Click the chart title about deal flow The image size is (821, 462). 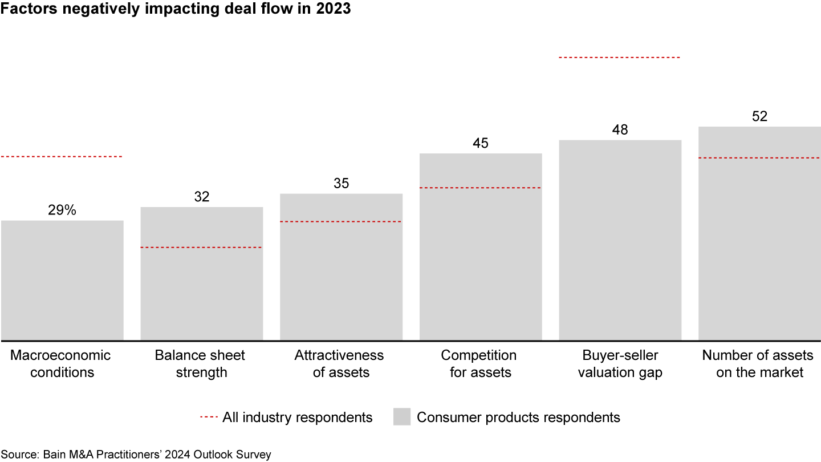(176, 10)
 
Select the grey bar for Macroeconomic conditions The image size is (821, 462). (62, 280)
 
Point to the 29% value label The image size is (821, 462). (62, 210)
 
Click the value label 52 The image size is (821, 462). (759, 116)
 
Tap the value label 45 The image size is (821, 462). (481, 143)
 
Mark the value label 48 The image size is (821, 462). (620, 130)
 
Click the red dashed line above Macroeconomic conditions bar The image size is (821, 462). (62, 156)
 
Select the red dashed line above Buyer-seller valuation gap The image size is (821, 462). (620, 58)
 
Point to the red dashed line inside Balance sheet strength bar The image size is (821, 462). (201, 248)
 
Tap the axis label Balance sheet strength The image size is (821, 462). (200, 364)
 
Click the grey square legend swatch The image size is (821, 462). (402, 417)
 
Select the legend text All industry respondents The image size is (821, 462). (297, 417)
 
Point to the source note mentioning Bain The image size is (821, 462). (136, 455)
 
